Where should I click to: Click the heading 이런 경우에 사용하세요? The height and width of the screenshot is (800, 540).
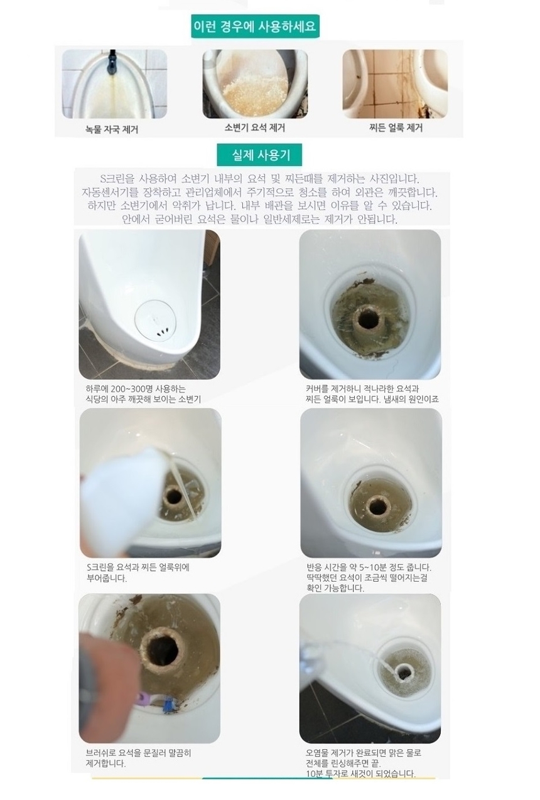coord(255,26)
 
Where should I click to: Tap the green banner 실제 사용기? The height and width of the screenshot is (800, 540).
coord(259,155)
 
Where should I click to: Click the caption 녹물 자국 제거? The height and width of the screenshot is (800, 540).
coord(112,129)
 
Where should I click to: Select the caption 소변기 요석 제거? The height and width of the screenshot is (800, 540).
coord(255,127)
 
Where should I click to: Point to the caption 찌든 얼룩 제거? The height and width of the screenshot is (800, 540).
coord(396,127)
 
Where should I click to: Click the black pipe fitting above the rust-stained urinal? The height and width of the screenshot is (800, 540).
coord(112,61)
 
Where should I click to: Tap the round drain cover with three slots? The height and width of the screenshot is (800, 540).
coord(156,321)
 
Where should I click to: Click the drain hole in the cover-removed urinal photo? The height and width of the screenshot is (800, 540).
coord(368,319)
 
